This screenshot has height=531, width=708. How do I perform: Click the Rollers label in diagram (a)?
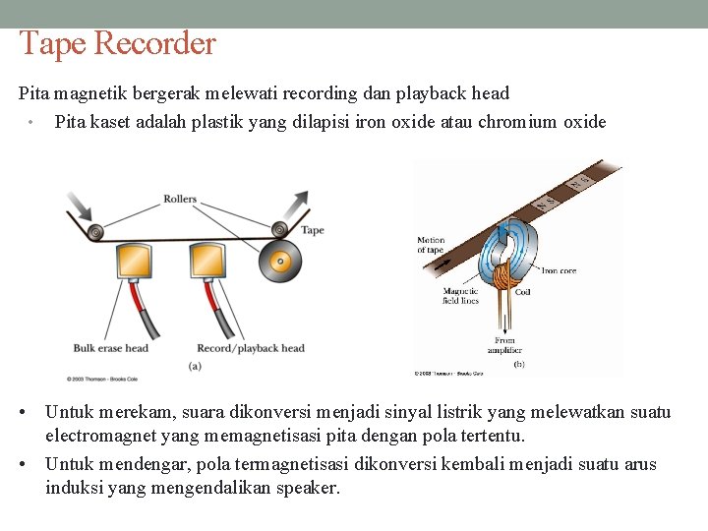[180, 199]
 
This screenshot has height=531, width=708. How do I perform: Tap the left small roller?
[95, 232]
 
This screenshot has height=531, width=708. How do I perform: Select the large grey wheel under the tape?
[281, 263]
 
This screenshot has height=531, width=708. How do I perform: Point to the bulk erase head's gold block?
[135, 262]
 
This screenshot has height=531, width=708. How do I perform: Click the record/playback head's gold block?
[208, 261]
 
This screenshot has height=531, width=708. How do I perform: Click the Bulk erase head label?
[110, 348]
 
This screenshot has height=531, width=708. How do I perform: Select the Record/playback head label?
[251, 348]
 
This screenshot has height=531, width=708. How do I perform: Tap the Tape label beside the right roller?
[312, 230]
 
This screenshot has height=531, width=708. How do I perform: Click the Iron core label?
[559, 270]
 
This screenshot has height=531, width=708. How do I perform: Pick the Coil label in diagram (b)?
[522, 292]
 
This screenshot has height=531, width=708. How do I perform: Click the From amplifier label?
[504, 345]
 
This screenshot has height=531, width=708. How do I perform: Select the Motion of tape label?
[431, 245]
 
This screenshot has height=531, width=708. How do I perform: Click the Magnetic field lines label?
[460, 295]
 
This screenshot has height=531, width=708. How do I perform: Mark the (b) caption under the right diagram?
[518, 364]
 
